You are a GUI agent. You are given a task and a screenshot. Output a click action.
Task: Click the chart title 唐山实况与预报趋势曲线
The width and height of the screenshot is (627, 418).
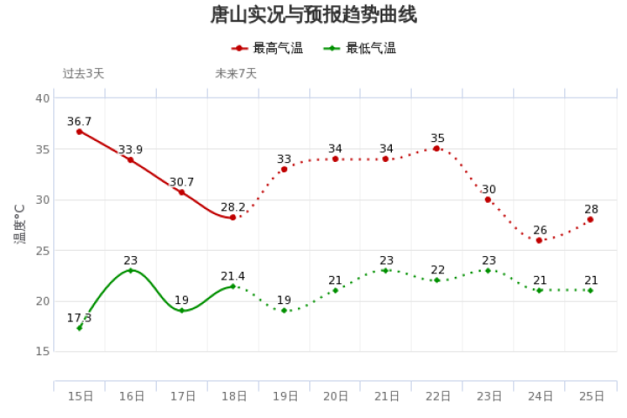point(313,15)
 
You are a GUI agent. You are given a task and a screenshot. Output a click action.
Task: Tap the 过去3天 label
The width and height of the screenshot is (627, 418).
point(84,73)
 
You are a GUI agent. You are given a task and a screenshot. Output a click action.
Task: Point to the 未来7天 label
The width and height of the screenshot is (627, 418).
point(236,73)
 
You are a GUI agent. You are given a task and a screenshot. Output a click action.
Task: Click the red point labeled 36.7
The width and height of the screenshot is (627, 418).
point(79,131)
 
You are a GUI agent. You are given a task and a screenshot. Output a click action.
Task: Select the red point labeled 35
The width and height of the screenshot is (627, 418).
point(436,149)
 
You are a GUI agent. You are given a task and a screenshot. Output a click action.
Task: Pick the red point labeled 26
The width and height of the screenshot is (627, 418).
point(539,240)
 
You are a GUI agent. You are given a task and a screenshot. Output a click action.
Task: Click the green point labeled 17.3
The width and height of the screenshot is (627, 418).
point(79,327)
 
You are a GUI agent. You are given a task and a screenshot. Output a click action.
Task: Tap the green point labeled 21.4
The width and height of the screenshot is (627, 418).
point(233,286)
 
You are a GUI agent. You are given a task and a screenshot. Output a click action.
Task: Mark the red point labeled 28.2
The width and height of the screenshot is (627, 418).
point(233,217)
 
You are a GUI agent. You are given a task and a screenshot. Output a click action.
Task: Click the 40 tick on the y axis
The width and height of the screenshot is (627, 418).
point(42,98)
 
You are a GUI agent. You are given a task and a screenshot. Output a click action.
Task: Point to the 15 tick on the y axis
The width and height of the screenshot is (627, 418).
point(42,352)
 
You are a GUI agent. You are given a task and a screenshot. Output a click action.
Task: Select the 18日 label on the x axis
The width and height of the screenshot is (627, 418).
point(233,396)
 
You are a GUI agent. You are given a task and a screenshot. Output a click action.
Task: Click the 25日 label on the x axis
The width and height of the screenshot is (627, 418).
point(591,396)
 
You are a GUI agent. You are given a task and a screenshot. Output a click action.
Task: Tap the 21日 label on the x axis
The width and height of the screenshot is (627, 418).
point(387,396)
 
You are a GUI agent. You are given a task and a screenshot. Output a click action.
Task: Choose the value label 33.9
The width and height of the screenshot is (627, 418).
point(131,150)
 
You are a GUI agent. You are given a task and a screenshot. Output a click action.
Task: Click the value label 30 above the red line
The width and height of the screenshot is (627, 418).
point(489,190)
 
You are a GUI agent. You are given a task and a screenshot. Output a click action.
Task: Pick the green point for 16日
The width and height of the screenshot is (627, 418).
point(131,271)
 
